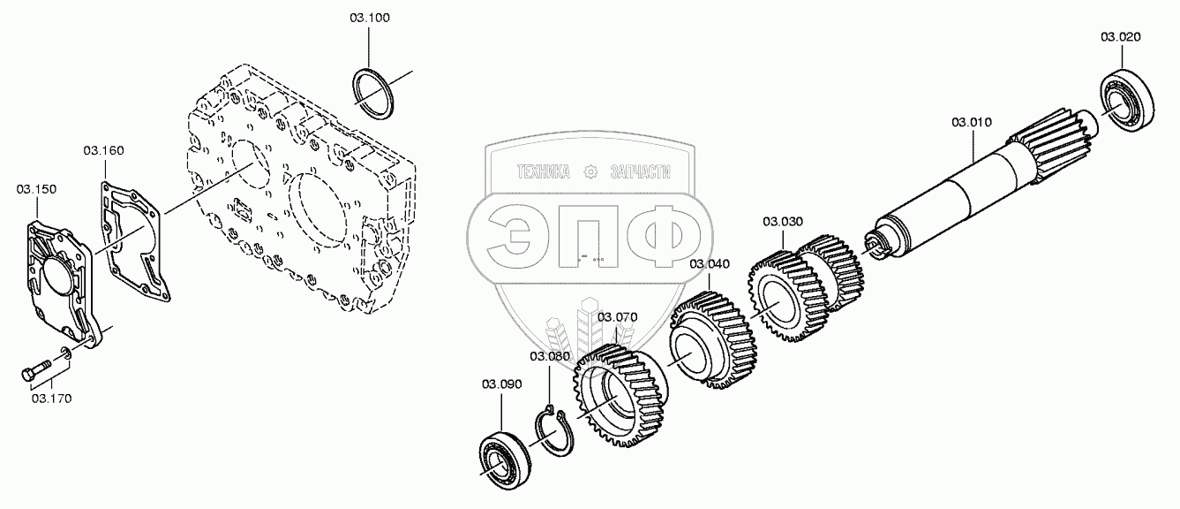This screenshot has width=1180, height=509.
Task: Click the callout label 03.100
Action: click(x=370, y=18)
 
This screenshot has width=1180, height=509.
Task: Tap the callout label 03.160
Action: click(x=104, y=150)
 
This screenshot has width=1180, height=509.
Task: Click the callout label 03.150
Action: click(x=36, y=189)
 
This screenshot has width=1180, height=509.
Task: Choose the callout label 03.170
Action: click(x=51, y=399)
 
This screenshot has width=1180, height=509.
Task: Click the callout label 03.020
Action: click(x=1120, y=37)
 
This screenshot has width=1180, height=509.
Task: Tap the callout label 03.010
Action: click(x=972, y=121)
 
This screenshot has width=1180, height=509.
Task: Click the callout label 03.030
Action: click(x=783, y=221)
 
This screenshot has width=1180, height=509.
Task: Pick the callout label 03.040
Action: click(x=710, y=263)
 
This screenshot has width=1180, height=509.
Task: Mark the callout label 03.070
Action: click(x=617, y=316)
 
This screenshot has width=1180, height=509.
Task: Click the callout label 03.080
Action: click(x=550, y=356)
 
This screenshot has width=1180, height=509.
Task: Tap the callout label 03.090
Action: click(x=501, y=384)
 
